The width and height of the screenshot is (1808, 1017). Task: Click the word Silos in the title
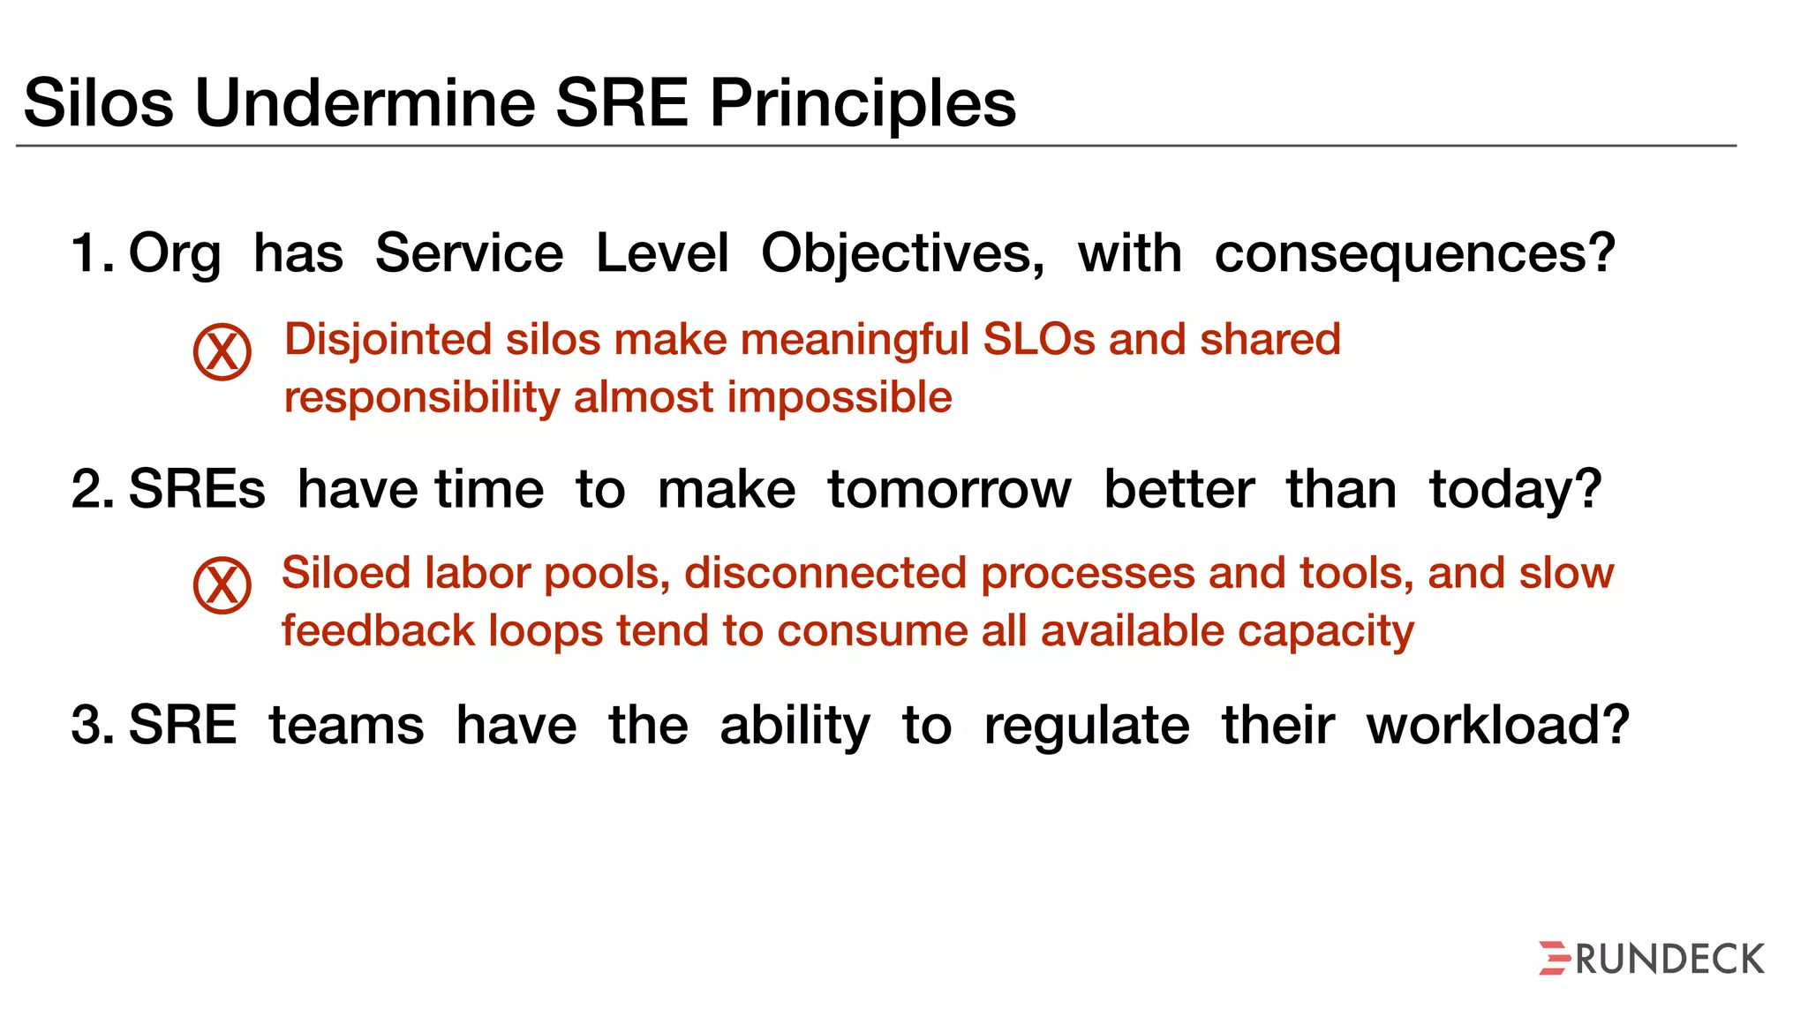tap(98, 103)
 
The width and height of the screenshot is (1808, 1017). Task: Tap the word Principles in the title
tap(863, 103)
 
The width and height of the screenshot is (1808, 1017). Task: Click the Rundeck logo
tap(1651, 959)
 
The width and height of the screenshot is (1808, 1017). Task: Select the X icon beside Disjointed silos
tap(222, 351)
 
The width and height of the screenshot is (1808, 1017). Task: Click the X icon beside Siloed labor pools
tap(222, 585)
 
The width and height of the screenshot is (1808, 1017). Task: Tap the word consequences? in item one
tap(1414, 254)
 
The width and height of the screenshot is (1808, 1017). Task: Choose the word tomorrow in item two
tap(949, 490)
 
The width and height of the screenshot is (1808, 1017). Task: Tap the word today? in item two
tap(1515, 490)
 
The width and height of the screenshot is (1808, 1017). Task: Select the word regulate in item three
tap(1086, 727)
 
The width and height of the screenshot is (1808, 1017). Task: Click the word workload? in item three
tap(1497, 726)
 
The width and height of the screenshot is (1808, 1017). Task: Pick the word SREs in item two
tap(196, 490)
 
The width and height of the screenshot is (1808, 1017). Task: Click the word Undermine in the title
tap(365, 103)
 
